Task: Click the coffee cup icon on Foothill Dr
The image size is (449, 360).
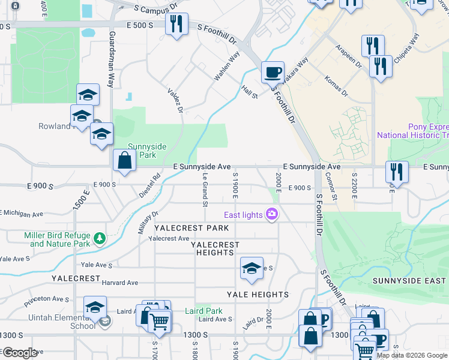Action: click(273, 72)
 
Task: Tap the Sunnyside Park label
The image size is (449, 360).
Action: click(142, 151)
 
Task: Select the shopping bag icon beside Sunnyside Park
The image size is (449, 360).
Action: click(124, 161)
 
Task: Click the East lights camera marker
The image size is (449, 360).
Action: click(273, 214)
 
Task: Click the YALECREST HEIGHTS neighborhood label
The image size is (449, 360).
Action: click(215, 248)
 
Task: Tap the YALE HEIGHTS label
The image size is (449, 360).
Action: click(258, 295)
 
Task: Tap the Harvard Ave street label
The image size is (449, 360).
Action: click(120, 283)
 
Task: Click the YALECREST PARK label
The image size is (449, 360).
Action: click(191, 228)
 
